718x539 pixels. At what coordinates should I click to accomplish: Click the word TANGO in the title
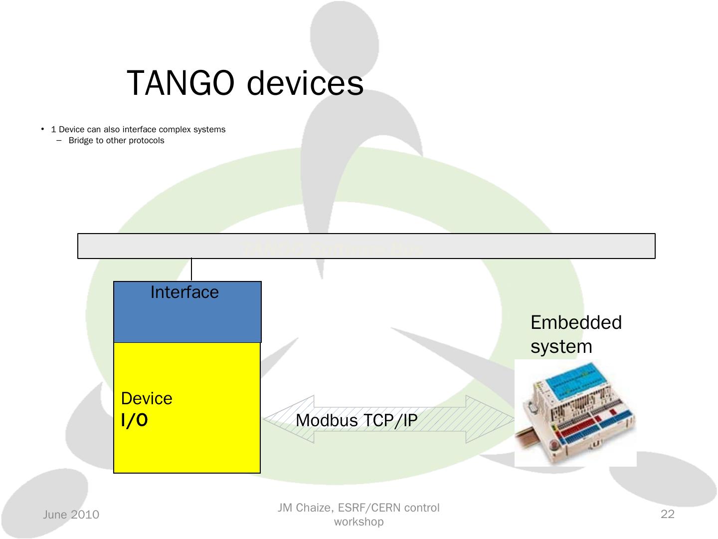click(x=180, y=83)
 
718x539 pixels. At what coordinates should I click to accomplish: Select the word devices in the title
click(x=305, y=83)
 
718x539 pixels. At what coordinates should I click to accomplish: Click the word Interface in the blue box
click(x=184, y=292)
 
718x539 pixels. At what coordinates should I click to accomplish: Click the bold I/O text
click(x=134, y=421)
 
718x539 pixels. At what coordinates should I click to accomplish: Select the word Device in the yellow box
click(x=147, y=398)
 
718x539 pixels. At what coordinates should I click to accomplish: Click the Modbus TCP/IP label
click(x=357, y=421)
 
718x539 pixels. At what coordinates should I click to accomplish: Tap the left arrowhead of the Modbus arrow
click(x=284, y=420)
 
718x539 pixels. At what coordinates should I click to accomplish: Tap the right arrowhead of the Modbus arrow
click(x=491, y=420)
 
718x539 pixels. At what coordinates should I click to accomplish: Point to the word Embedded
click(x=576, y=322)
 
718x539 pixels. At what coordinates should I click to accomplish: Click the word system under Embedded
click(x=561, y=346)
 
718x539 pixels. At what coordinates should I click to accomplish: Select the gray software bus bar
click(x=366, y=246)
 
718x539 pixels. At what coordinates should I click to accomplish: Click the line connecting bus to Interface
click(x=191, y=270)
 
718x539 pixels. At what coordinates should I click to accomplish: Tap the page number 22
click(x=667, y=515)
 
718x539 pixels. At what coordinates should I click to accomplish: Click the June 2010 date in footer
click(x=71, y=515)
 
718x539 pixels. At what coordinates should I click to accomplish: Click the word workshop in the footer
click(x=359, y=522)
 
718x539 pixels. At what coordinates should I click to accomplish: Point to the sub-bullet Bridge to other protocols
click(x=116, y=141)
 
